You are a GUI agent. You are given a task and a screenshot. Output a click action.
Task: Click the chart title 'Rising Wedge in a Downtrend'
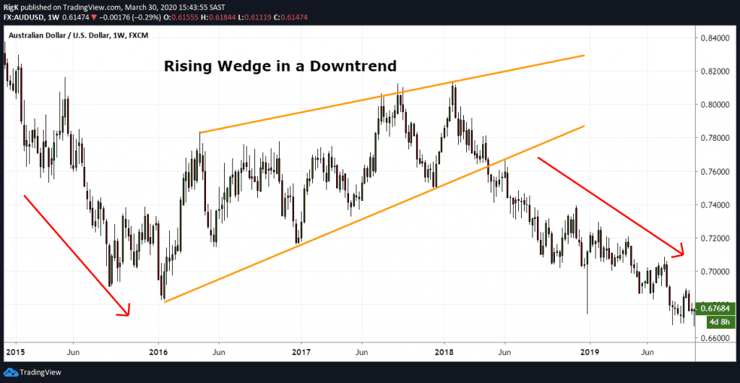pos(280,66)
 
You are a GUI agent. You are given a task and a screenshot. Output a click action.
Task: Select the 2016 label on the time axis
pos(158,353)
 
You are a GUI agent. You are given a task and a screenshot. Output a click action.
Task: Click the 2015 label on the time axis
pos(14,353)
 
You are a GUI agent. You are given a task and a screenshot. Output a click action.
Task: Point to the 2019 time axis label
pos(590,353)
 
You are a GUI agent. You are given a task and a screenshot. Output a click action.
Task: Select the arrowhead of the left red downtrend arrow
pos(126,313)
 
